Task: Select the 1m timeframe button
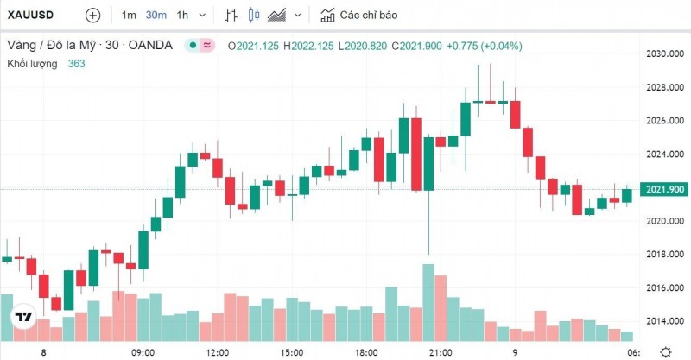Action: point(129,16)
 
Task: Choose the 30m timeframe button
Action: point(156,16)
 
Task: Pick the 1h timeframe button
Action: point(182,16)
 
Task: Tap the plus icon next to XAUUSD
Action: point(93,16)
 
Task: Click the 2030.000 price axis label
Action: point(664,54)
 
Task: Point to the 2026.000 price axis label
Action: point(664,121)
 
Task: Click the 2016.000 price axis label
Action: point(664,287)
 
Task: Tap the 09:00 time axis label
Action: point(143,352)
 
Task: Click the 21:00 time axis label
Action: point(441,352)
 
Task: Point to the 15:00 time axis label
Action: point(292,352)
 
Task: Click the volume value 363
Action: point(77,63)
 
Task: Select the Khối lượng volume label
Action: point(32,63)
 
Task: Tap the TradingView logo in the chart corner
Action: point(23,317)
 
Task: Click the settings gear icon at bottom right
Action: point(665,351)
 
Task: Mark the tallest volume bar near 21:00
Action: point(428,302)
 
